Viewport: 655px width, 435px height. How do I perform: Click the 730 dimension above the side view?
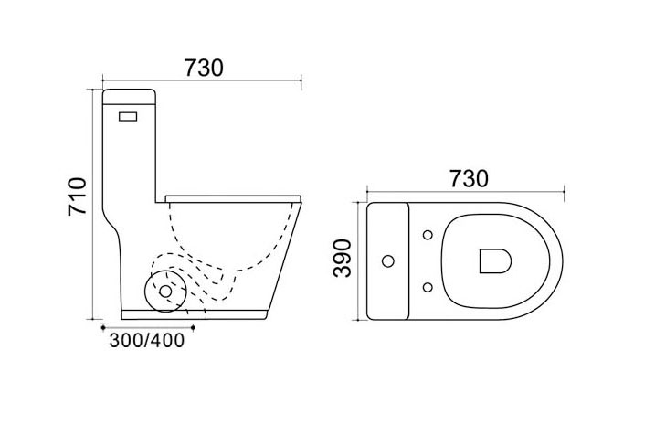tap(205, 69)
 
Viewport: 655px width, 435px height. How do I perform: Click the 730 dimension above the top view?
tap(469, 179)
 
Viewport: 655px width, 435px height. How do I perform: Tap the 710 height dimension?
tap(78, 196)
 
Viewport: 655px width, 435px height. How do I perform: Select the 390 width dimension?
tap(343, 259)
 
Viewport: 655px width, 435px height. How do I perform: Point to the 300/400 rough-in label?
tap(147, 341)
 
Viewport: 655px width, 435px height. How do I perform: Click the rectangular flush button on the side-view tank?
tap(128, 116)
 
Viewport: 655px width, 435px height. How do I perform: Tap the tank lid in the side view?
tap(129, 97)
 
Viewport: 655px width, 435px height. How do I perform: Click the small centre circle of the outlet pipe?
tap(166, 292)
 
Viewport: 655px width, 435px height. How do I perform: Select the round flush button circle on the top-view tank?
tap(388, 261)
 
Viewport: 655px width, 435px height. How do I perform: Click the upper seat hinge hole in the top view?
tap(428, 235)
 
